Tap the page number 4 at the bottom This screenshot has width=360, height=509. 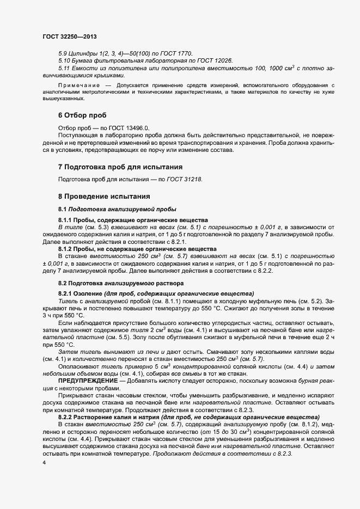[x=44, y=462]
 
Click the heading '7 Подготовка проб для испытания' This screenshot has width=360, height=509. [x=120, y=167]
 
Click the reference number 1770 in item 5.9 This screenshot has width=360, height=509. [x=185, y=53]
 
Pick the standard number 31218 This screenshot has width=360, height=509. [x=193, y=179]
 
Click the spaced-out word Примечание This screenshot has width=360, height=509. [x=78, y=85]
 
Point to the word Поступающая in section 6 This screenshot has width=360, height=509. [x=78, y=134]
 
